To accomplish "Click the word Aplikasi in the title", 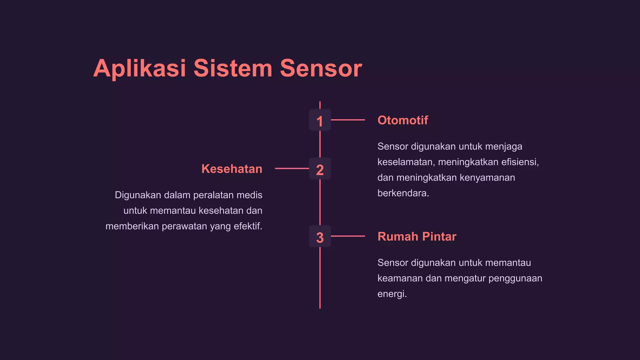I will pos(140,68).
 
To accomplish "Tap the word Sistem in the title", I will pos(233,68).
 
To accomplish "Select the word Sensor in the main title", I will pos(321,68).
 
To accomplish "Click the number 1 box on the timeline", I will pos(320,120).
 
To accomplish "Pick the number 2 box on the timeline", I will pos(320,169).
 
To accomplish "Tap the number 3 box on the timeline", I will pos(320,237).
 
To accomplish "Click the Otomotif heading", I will pos(402,120).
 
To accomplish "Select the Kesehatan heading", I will pos(232,169).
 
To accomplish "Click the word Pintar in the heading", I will pos(439,237).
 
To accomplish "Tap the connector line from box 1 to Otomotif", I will pos(348,120).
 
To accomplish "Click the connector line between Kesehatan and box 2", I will pos(292,168).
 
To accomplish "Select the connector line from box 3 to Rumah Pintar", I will pos(348,236).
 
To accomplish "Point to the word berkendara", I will pos(402,193).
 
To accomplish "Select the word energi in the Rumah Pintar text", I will pos(392,294).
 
